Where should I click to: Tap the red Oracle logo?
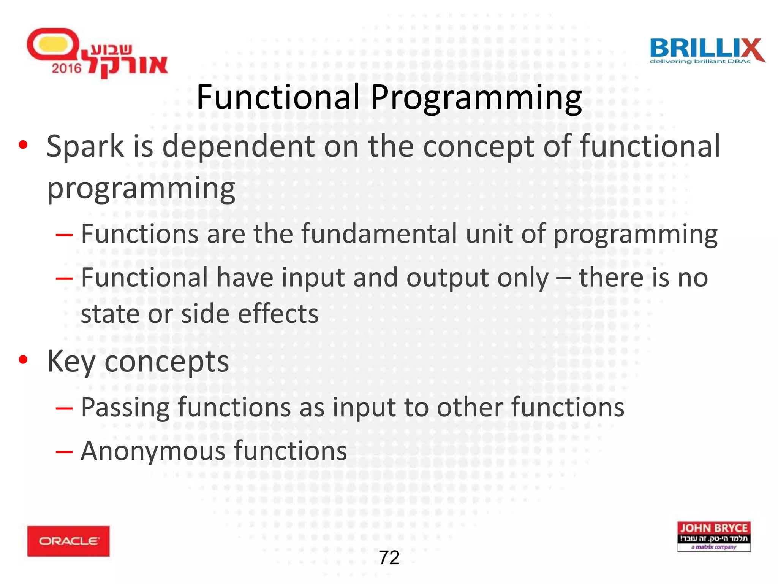68,541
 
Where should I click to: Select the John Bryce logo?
713,536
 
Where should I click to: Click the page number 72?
389,558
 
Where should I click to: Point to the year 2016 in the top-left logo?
66,68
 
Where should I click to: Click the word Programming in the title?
476,98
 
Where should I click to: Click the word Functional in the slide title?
278,97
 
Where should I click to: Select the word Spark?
85,146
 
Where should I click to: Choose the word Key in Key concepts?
71,362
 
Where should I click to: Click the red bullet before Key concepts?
24,360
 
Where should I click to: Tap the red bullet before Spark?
24,145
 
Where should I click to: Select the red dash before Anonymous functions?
64,452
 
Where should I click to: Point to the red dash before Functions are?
64,235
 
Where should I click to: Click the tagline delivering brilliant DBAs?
700,62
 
